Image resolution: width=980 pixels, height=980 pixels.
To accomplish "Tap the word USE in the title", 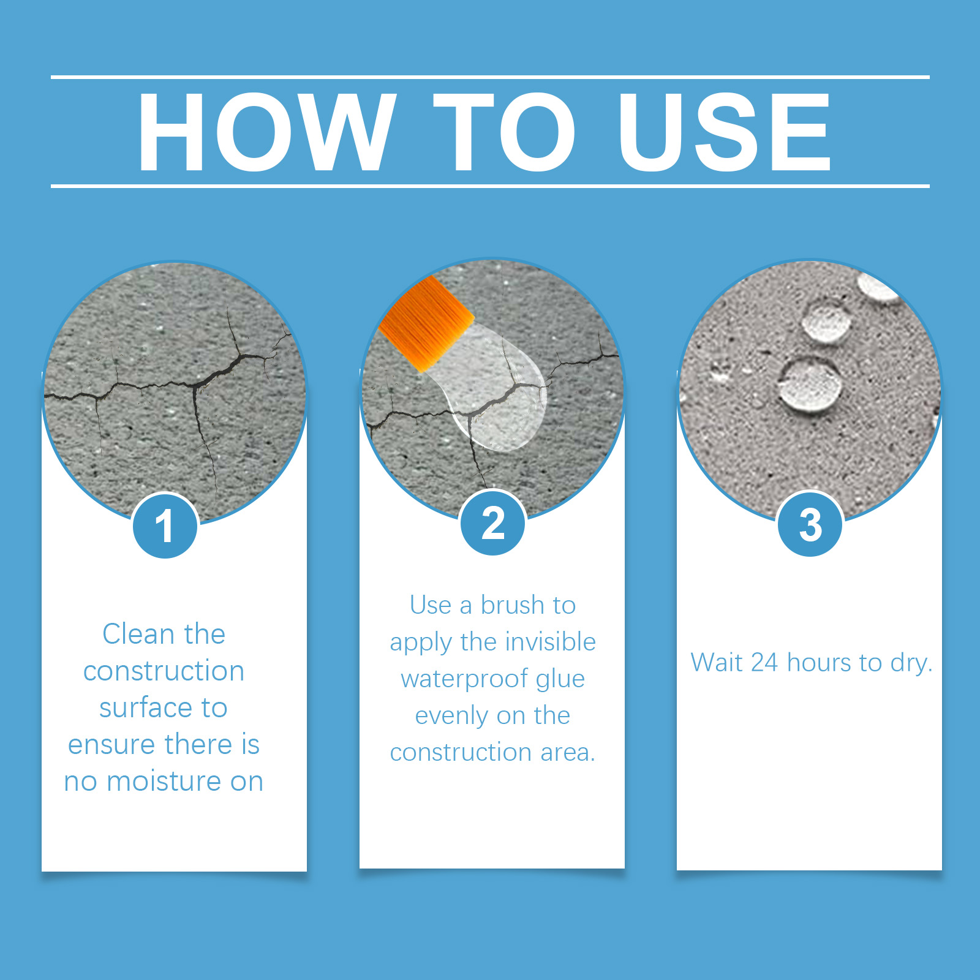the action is (x=725, y=132).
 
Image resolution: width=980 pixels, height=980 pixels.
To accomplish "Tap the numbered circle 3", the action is (x=810, y=524).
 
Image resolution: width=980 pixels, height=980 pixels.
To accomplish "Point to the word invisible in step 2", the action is (x=550, y=642).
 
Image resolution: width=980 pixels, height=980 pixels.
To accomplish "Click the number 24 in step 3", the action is (x=764, y=663).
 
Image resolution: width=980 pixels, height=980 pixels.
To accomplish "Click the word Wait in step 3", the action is (x=717, y=662).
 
